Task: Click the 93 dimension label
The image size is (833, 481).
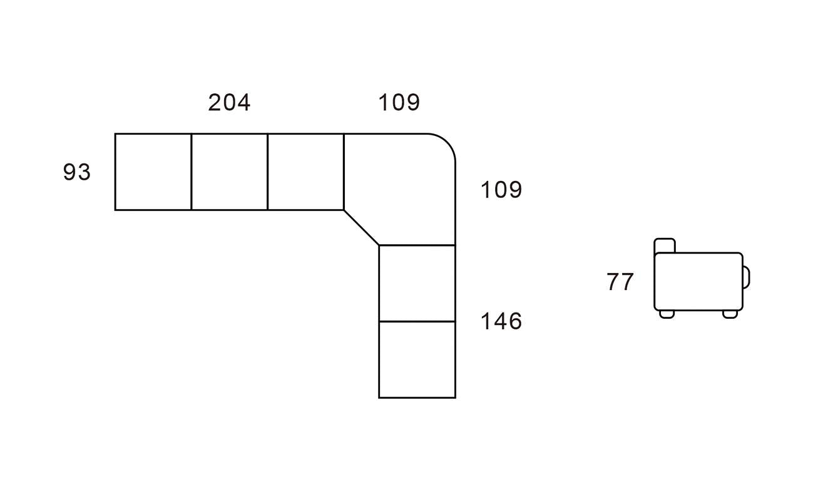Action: pos(77,172)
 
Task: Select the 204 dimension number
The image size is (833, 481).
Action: pos(229,103)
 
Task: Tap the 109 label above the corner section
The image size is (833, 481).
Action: pos(399,103)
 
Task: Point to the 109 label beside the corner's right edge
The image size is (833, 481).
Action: pos(501,190)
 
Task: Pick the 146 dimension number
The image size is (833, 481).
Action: pos(501,321)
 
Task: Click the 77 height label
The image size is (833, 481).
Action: pos(620,282)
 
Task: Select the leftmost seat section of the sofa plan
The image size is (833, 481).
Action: pos(153,172)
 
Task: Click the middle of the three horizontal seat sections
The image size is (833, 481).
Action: pos(229,172)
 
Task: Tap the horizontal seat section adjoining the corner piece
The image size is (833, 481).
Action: pos(305,172)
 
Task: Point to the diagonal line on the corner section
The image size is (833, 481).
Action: pos(361,227)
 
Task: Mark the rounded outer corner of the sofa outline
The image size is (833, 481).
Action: pos(446,143)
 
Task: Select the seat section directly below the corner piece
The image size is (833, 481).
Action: pos(417,283)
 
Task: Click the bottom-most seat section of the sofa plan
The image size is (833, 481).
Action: pos(417,359)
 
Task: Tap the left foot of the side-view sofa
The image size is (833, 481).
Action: pos(667,314)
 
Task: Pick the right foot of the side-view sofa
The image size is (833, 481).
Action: pos(730,314)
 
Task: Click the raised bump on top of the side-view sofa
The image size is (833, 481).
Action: pos(665,246)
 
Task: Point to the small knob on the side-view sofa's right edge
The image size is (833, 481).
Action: pos(746,277)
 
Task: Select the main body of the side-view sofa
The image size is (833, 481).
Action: pos(698,281)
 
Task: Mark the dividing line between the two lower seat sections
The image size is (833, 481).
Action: pos(417,321)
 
